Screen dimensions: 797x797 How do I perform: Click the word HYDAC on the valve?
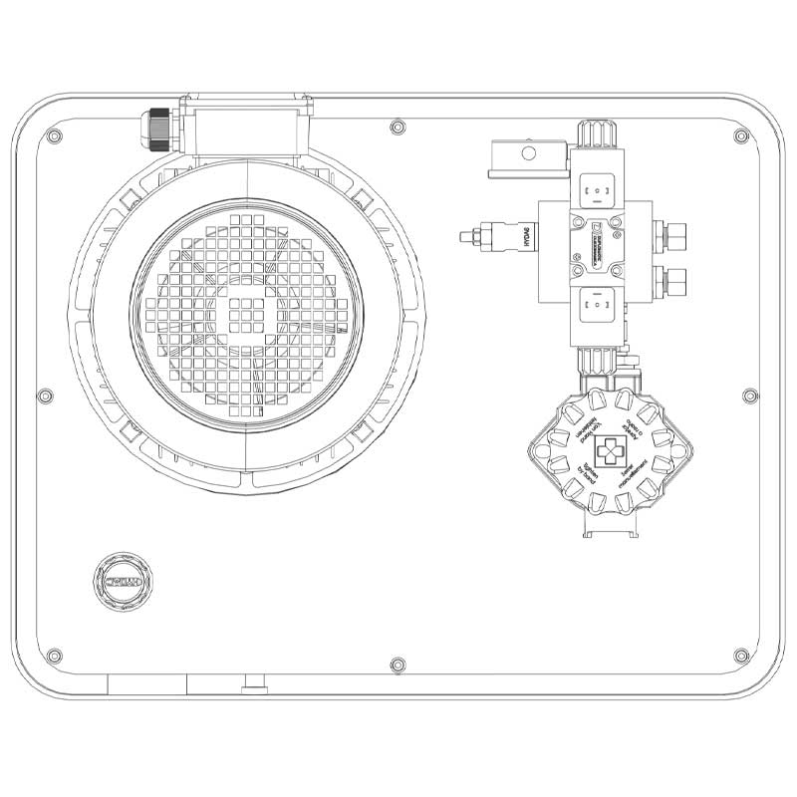526,238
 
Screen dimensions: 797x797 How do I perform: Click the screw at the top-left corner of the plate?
56,137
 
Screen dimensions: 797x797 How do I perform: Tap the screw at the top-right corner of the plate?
738,136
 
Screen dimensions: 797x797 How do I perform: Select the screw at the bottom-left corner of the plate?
56,655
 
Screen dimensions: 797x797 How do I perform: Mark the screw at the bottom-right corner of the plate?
738,655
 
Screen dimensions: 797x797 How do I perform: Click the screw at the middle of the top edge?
398,128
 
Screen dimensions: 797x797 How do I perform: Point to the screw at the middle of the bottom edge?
398,664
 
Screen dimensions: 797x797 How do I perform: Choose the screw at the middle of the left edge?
44,396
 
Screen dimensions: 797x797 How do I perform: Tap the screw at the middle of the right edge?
749,396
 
